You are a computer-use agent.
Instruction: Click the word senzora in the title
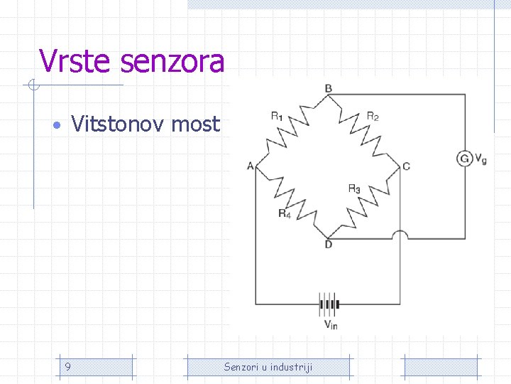click(172, 61)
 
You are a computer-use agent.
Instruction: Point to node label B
click(328, 88)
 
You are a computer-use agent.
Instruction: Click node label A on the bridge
click(251, 166)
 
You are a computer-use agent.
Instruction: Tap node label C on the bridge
click(406, 166)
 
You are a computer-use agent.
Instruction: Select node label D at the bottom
click(328, 245)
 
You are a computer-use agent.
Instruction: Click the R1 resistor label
click(277, 116)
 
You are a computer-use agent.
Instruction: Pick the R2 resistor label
click(373, 116)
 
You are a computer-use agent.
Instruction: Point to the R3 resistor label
click(354, 188)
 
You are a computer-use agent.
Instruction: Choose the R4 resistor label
click(285, 213)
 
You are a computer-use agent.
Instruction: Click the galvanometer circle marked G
click(465, 158)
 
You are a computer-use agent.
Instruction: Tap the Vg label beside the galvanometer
click(480, 159)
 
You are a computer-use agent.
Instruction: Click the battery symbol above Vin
click(329, 306)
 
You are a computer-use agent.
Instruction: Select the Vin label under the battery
click(331, 325)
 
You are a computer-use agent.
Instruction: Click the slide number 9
click(67, 367)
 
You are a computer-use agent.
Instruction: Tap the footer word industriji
click(293, 367)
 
